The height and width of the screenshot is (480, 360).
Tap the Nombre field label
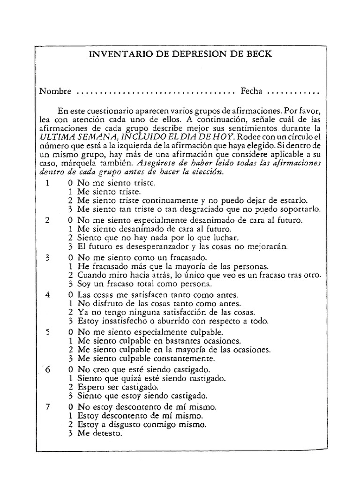(x=55, y=91)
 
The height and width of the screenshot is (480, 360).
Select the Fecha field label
(x=252, y=91)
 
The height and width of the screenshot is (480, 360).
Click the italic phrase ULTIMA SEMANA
(x=78, y=137)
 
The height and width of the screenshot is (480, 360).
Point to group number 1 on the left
(x=47, y=183)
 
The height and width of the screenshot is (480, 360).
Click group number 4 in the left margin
(x=47, y=295)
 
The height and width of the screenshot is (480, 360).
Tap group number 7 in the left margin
(x=47, y=406)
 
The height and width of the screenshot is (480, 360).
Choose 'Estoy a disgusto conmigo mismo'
(x=142, y=424)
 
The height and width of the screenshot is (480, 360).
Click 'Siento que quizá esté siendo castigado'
(x=152, y=378)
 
